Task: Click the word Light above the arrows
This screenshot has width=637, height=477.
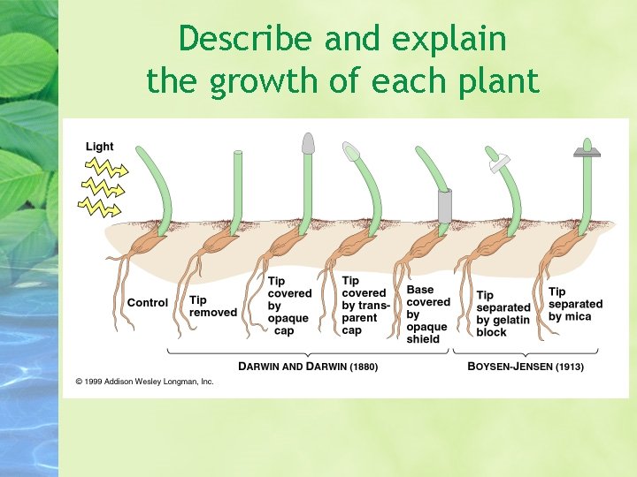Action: pos(100,147)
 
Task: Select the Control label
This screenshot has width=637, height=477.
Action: pos(148,303)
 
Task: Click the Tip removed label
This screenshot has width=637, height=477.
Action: pos(213,306)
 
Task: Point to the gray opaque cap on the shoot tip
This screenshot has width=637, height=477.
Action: pos(308,143)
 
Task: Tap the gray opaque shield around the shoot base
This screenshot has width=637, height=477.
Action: pos(445,205)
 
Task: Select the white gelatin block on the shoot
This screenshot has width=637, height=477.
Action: pos(499,162)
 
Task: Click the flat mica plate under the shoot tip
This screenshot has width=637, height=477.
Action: pos(587,153)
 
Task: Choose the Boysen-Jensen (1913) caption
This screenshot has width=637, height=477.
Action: pos(526,366)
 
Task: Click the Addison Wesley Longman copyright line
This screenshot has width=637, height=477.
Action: pos(145,382)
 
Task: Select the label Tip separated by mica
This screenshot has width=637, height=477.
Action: pos(575,304)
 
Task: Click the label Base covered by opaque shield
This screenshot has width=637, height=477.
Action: pos(428,314)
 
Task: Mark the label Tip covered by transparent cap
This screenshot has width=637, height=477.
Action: pos(364,306)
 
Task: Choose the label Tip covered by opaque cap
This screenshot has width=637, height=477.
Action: pos(289,306)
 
